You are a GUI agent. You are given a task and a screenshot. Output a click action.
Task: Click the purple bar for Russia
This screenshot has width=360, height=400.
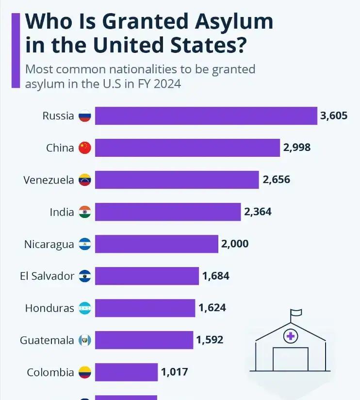206,116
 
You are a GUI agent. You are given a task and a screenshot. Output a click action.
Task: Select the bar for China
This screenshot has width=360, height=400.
187,148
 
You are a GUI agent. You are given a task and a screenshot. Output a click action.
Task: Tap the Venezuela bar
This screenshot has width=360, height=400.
177,180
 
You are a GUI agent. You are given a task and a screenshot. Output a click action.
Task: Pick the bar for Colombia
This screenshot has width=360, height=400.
126,372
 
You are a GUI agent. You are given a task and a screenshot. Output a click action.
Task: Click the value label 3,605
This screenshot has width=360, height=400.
333,116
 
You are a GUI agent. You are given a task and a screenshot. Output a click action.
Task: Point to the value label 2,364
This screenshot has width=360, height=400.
258,212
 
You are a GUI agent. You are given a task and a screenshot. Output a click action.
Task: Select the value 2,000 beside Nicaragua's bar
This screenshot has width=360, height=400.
235,244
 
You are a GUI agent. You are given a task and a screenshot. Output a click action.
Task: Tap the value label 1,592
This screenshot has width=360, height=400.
210,340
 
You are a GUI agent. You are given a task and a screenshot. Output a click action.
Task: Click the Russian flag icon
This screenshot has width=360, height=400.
85,116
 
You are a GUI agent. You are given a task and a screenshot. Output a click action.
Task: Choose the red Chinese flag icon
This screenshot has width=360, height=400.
85,148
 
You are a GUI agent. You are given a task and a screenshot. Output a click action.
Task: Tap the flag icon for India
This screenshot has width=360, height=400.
85,212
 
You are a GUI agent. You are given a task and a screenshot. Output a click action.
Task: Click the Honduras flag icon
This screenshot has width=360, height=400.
85,308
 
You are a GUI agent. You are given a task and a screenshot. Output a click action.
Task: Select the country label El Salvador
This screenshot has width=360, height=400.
47,276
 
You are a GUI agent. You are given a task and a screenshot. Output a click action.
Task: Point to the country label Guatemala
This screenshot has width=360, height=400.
47,340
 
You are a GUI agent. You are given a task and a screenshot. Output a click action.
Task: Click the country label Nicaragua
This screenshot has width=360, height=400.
49,244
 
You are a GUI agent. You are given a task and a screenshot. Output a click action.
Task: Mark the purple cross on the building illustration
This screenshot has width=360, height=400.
291,335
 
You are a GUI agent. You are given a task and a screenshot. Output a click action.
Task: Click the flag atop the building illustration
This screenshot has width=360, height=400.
295,313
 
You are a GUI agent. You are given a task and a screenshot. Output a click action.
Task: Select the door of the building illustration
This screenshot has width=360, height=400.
291,359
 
